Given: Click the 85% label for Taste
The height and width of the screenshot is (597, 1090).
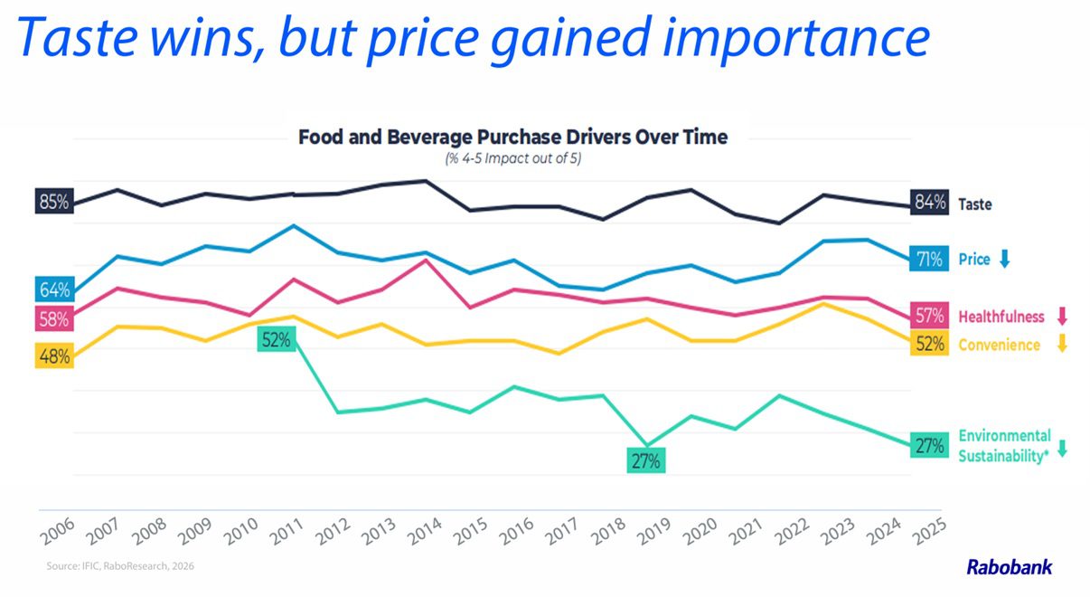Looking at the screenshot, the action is click(x=54, y=201).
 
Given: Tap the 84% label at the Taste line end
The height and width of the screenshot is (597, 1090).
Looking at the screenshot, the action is click(x=929, y=202).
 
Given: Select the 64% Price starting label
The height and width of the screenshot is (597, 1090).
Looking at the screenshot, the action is click(x=54, y=289).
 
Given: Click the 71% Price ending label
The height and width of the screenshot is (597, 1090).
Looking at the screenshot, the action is click(x=929, y=259).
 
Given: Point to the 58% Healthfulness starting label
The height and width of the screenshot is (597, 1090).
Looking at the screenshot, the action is click(x=54, y=319).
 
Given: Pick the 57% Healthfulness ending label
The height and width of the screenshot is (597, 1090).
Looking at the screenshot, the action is click(x=929, y=316).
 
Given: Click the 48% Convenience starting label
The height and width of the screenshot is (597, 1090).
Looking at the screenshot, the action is click(x=54, y=356).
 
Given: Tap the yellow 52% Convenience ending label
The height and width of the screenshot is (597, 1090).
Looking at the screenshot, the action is click(x=929, y=344).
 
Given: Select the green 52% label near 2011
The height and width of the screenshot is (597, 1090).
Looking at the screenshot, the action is click(x=277, y=339).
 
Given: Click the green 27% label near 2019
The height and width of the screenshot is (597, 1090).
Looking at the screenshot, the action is click(x=646, y=460).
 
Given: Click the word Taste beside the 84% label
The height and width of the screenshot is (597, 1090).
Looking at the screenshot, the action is click(x=975, y=204).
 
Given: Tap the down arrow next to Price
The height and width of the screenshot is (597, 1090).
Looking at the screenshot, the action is click(x=1005, y=259).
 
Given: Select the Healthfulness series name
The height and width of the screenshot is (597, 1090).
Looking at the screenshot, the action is click(x=1001, y=317).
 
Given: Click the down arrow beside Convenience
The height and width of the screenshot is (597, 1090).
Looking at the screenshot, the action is click(x=1062, y=344).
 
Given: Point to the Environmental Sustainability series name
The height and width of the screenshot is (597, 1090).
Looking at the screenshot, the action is click(x=1005, y=446).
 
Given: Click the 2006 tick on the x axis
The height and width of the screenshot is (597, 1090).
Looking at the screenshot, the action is click(x=58, y=531).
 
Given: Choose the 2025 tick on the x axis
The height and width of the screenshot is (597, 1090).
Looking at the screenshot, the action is click(x=930, y=531).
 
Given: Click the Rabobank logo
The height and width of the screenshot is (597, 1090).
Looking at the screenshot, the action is click(x=1010, y=567).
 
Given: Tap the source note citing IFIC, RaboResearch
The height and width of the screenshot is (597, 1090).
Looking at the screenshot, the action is click(x=120, y=566).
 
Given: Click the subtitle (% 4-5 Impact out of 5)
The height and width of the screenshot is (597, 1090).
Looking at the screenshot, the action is click(x=512, y=158).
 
